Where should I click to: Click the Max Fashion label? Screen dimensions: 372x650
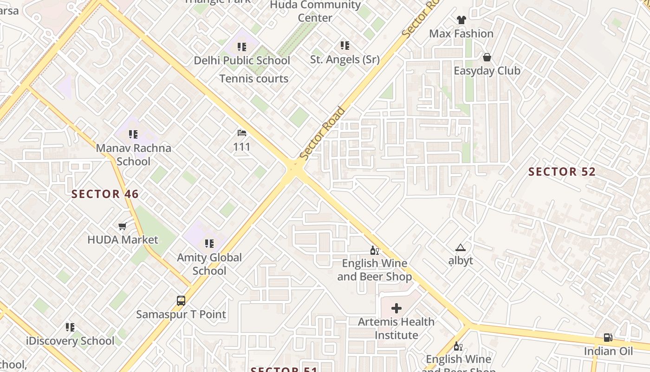tap(461, 33)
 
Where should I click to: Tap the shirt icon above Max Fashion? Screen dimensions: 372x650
tap(461, 20)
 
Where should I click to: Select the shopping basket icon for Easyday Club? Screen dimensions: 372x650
tap(487, 57)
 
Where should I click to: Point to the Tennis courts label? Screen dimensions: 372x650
tap(254, 79)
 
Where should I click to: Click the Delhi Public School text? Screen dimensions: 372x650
tap(242, 60)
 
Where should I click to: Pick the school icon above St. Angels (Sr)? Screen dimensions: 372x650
tap(344, 46)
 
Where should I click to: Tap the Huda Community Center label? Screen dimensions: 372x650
tap(315, 11)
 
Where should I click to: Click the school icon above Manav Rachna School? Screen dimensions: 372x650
tap(133, 134)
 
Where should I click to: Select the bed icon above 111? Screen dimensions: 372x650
tap(242, 133)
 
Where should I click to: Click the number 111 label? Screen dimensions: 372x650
tap(242, 147)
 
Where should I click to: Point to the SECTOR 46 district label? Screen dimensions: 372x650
tap(105, 194)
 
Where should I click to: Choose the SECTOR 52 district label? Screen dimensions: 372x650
tap(562, 172)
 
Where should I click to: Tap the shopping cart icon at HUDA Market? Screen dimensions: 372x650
tap(123, 226)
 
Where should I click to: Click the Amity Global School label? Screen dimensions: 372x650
tap(209, 264)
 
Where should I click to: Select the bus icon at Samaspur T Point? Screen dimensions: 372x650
tap(181, 301)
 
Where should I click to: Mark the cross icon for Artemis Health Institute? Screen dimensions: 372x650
tap(396, 308)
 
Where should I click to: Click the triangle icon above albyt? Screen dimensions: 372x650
tap(460, 247)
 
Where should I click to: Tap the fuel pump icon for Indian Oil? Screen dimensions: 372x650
tap(608, 338)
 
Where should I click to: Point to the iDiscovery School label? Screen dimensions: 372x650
tap(70, 341)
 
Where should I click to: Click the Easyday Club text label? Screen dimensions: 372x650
tap(487, 71)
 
